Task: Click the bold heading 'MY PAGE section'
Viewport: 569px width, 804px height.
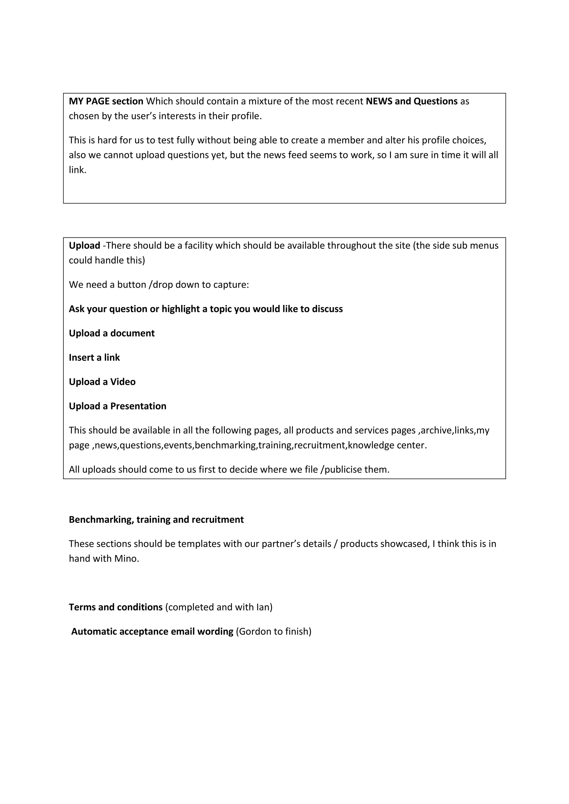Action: click(x=106, y=102)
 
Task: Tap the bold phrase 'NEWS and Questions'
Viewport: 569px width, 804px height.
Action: click(x=412, y=102)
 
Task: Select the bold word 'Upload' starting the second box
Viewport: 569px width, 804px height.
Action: click(x=84, y=246)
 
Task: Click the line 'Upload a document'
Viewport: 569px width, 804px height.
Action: click(x=111, y=333)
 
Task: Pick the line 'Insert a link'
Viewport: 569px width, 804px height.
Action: click(x=94, y=358)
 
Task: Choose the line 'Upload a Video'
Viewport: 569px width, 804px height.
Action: click(x=102, y=382)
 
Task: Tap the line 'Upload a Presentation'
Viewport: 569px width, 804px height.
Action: click(x=117, y=406)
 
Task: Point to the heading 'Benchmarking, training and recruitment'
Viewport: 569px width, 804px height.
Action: click(x=156, y=520)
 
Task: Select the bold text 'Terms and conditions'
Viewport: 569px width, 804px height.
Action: click(x=116, y=607)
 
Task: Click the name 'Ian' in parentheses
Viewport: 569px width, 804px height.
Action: click(x=263, y=607)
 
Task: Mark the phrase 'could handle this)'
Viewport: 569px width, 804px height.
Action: click(x=107, y=260)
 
